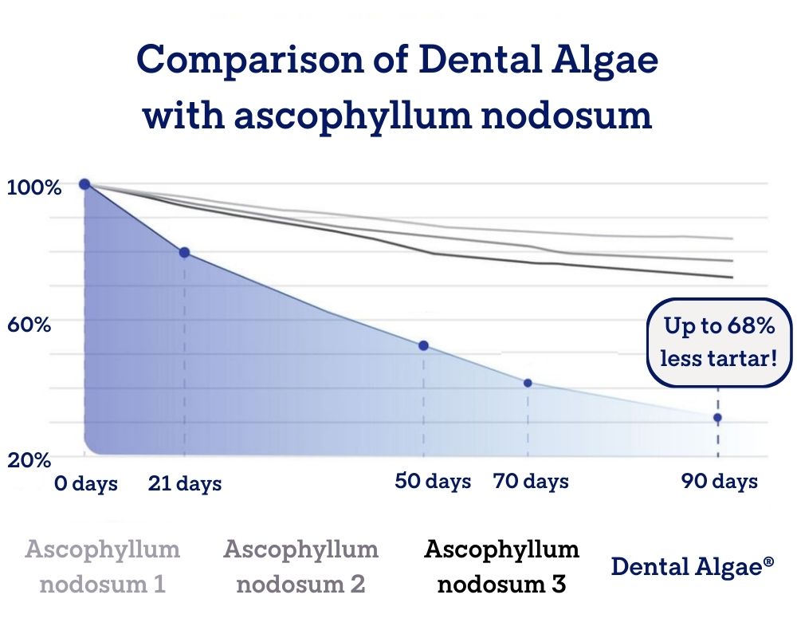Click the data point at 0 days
[85, 184]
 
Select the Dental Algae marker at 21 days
[185, 252]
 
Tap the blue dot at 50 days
[423, 346]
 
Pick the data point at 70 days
[528, 383]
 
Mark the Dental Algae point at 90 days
[718, 418]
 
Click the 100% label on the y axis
[34, 187]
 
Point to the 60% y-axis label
[29, 324]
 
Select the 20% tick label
[29, 460]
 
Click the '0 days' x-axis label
[86, 483]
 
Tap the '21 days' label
[185, 483]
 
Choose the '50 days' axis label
[433, 482]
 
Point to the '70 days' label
[531, 482]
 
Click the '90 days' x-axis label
[719, 482]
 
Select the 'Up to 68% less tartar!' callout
[719, 342]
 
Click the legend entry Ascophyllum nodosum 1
[103, 566]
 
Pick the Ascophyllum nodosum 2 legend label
[301, 566]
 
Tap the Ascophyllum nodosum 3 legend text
[501, 566]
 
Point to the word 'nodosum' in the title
[567, 115]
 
